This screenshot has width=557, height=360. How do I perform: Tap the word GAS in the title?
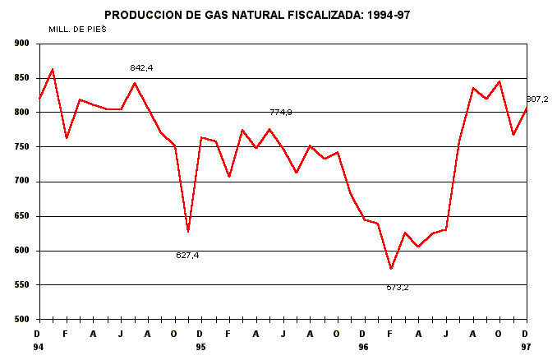click(x=215, y=15)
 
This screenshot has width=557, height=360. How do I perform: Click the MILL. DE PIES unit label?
click(x=79, y=28)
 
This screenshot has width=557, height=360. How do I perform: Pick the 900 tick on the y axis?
click(x=21, y=44)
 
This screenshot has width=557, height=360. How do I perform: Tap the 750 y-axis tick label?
click(x=21, y=147)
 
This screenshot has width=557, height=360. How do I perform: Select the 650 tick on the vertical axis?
click(x=21, y=216)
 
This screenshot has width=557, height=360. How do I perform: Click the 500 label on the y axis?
click(x=21, y=320)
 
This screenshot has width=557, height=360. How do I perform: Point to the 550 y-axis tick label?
click(x=21, y=285)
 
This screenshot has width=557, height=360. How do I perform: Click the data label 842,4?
click(x=142, y=67)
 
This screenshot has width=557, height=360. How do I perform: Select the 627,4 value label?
click(x=187, y=255)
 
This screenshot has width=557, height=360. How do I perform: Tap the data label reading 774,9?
click(x=281, y=112)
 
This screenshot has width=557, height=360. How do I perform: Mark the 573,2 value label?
click(x=398, y=288)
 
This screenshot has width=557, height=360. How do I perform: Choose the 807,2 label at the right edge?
click(x=537, y=99)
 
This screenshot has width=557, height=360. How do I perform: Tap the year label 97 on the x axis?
click(x=526, y=348)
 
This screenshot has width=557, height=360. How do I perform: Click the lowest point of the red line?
click(x=391, y=269)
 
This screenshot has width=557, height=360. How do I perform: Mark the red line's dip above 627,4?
click(x=188, y=232)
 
